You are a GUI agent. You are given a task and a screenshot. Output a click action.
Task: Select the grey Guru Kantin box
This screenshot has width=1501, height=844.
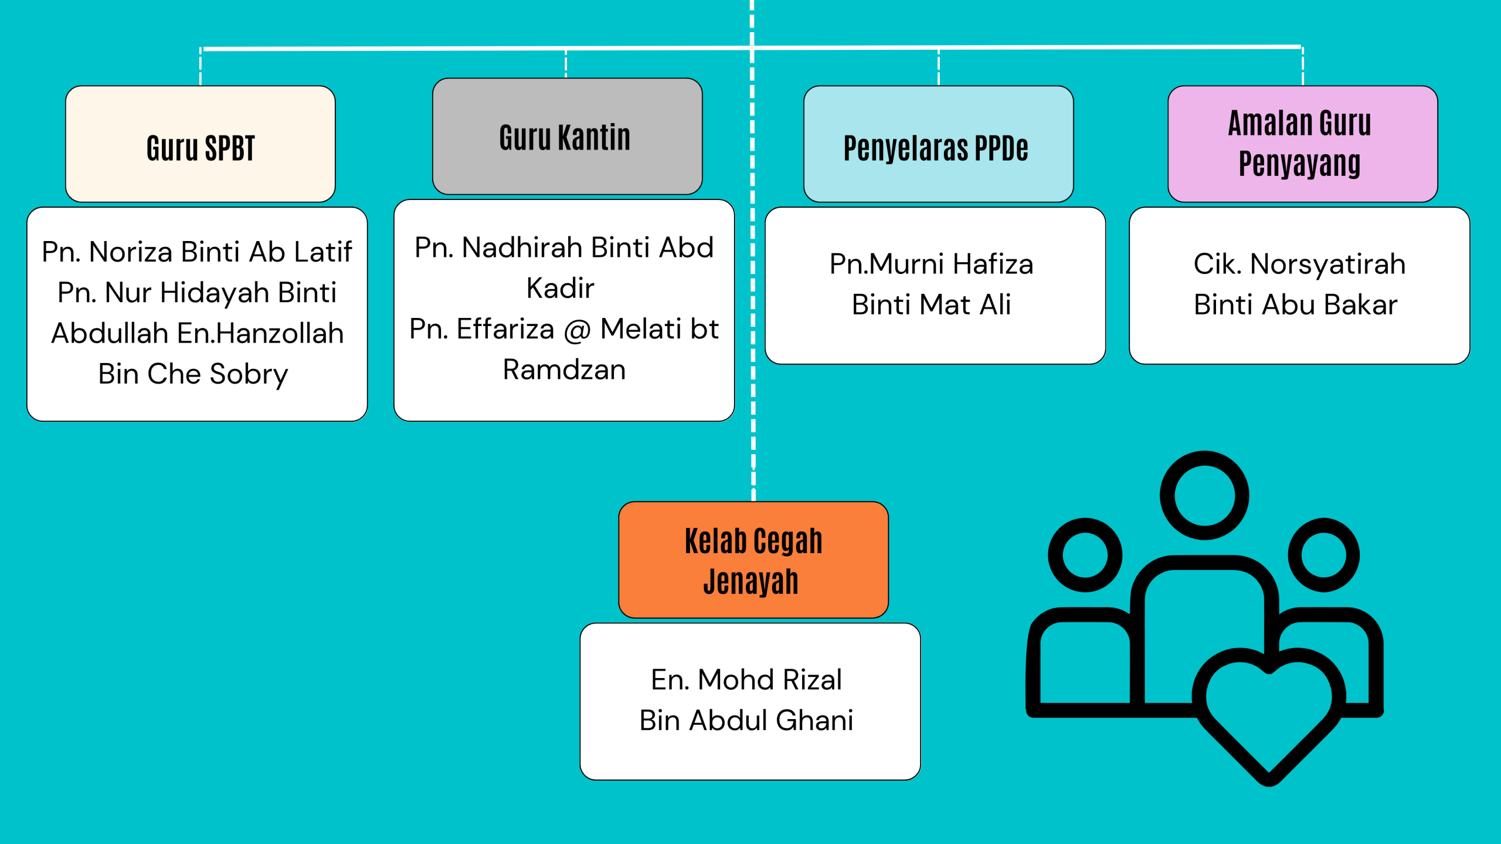point(566,137)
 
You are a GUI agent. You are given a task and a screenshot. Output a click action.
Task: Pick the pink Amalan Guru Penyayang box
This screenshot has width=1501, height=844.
point(1302,144)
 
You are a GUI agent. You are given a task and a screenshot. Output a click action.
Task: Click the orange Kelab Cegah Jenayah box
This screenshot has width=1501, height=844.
point(753,560)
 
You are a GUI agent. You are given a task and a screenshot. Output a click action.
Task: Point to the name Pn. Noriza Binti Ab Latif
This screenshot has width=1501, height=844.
point(197,252)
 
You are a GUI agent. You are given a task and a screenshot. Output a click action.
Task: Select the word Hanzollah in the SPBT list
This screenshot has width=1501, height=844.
point(279,333)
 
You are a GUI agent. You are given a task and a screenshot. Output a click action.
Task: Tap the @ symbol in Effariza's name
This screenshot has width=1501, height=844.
point(577,330)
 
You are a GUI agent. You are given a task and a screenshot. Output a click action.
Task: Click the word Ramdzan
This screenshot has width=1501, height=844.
point(564,370)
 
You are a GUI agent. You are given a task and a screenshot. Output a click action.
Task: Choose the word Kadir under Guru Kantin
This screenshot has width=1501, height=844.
point(561,288)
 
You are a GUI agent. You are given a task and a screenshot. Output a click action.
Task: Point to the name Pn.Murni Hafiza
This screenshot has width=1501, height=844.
point(931,264)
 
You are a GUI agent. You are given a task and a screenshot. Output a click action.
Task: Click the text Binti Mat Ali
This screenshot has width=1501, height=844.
point(931,304)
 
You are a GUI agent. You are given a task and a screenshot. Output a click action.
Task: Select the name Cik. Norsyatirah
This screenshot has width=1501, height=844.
point(1299,264)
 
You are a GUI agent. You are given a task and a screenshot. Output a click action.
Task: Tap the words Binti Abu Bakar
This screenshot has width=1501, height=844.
point(1295,304)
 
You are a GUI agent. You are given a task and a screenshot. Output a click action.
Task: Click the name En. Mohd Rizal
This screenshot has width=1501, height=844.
point(746,680)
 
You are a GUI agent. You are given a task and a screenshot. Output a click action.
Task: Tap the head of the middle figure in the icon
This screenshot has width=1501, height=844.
point(1204,496)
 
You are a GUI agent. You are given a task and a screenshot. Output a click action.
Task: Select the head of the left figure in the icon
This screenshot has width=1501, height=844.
point(1085,555)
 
